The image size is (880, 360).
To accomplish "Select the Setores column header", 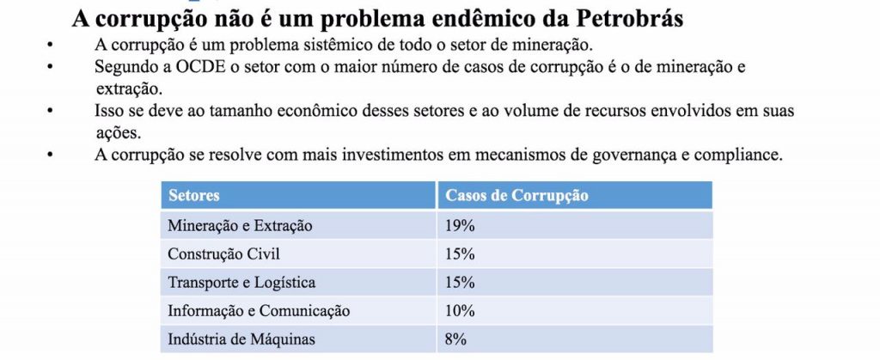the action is (x=194, y=196).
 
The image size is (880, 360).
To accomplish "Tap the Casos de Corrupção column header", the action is (x=516, y=196).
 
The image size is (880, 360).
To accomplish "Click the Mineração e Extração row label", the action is (x=240, y=226).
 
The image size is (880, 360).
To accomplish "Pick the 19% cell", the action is (x=461, y=226).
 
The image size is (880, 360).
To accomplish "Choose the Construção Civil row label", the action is (x=223, y=254).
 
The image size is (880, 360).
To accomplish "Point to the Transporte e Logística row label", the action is (x=241, y=283).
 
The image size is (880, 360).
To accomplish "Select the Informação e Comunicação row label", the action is (x=259, y=311).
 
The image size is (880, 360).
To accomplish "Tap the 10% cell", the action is (x=461, y=311).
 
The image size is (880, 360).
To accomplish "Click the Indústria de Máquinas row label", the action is (x=241, y=339).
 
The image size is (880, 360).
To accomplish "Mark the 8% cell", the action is (x=455, y=339).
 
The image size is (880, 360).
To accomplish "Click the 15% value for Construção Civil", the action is (x=461, y=254).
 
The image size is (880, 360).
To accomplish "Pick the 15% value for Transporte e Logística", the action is (x=461, y=283).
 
